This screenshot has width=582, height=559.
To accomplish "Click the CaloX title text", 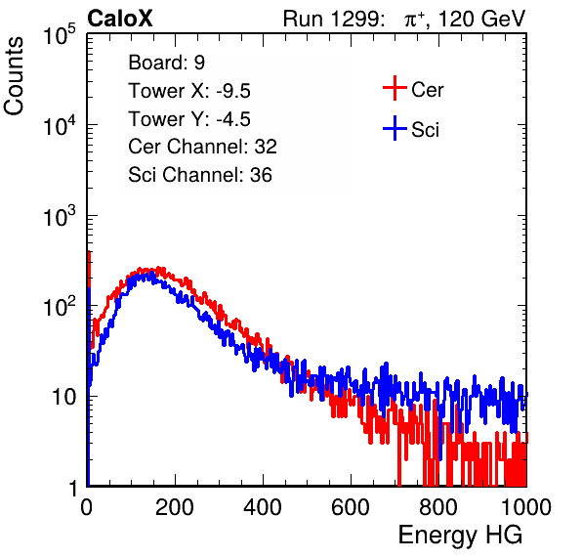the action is pyautogui.click(x=120, y=19).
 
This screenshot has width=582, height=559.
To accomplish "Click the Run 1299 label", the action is pyautogui.click(x=333, y=19).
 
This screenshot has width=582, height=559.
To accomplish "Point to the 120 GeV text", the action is pyautogui.click(x=481, y=19).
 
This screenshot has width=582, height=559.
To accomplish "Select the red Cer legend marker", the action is pyautogui.click(x=395, y=88).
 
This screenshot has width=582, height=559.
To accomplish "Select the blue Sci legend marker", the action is pyautogui.click(x=395, y=128).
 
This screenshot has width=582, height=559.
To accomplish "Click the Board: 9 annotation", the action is pyautogui.click(x=166, y=63).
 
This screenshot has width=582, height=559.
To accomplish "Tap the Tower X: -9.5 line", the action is pyautogui.click(x=189, y=91).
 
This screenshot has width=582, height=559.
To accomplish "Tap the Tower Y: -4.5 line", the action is pyautogui.click(x=189, y=119).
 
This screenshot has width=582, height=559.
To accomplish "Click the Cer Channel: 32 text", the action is pyautogui.click(x=202, y=147).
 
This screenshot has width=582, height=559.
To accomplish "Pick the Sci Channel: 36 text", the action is pyautogui.click(x=200, y=175).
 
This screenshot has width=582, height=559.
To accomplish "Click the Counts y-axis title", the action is pyautogui.click(x=14, y=76).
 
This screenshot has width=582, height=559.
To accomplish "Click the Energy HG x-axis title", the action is pyautogui.click(x=460, y=536).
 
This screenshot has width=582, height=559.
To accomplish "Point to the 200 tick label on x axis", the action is pyautogui.click(x=175, y=507).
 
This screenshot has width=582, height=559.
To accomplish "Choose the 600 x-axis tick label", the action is pyautogui.click(x=351, y=507).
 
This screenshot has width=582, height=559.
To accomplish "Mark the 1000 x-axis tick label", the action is pyautogui.click(x=526, y=507).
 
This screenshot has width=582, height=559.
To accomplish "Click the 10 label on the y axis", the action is pyautogui.click(x=65, y=397).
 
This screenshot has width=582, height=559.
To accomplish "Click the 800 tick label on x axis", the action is pyautogui.click(x=438, y=507).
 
